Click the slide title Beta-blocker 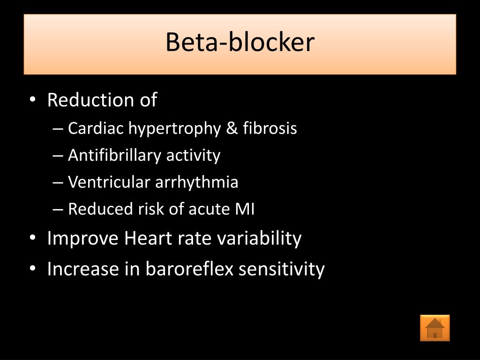point(240,43)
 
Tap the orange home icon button point(435,328)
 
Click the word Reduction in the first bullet point(85,100)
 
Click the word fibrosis point(270,128)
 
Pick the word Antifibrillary point(115,155)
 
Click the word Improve point(83,239)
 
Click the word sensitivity point(285,270)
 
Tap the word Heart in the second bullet point(149,239)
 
